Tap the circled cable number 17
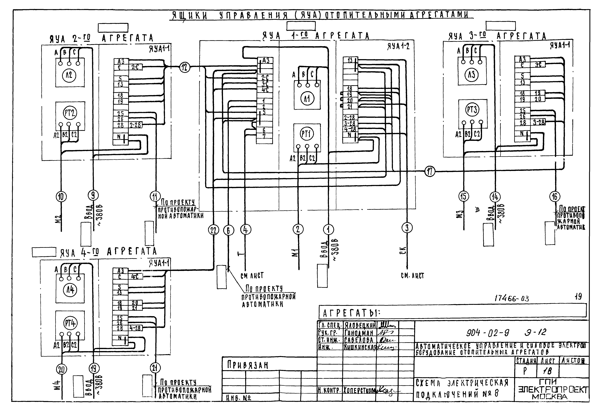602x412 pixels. coord(430,171)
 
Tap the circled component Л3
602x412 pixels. coord(471,75)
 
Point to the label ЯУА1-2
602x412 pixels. coord(398,47)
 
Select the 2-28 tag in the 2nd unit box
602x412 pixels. coord(135,125)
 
